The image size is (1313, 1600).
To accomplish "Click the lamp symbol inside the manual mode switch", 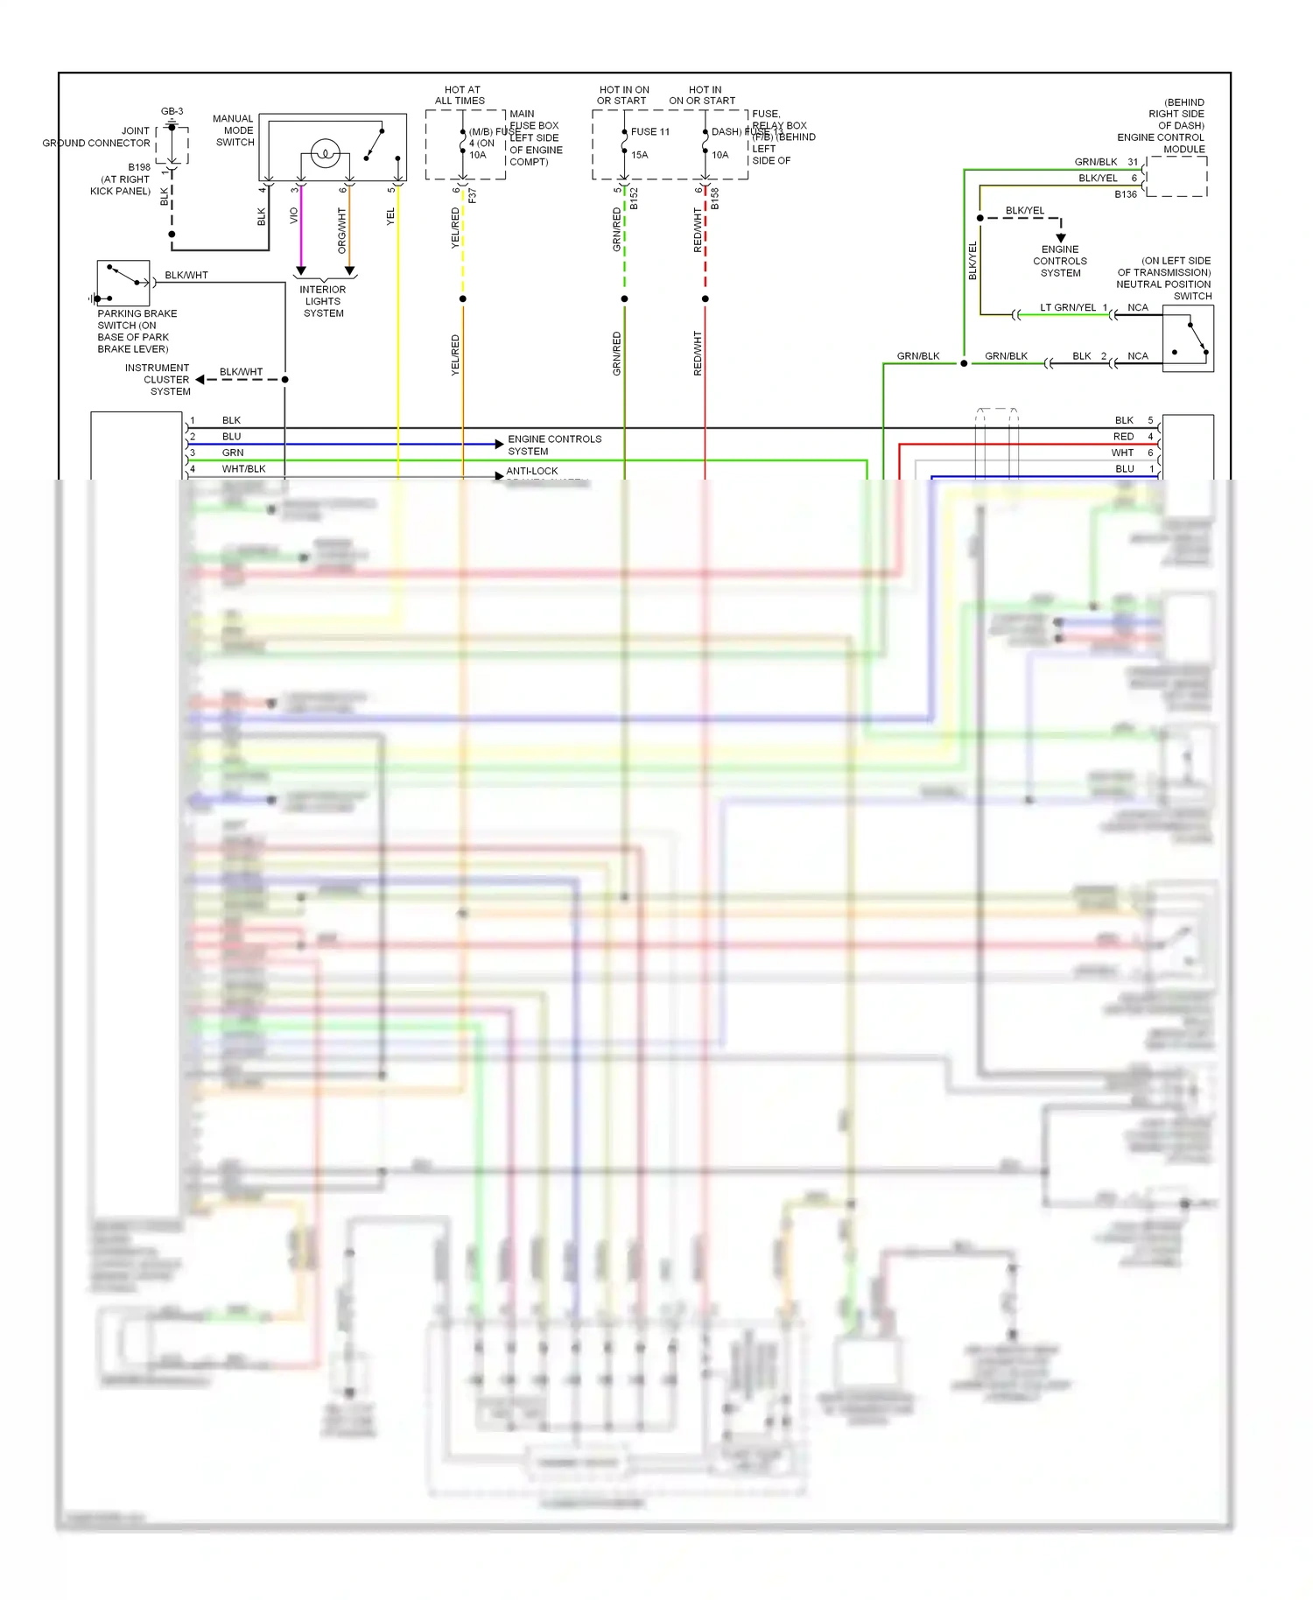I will [x=325, y=153].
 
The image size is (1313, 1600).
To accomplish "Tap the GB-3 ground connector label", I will [x=172, y=111].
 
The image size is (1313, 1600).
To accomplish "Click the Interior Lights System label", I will [x=323, y=301].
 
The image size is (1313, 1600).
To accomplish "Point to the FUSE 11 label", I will [x=650, y=132].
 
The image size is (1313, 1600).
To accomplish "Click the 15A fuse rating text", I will [x=640, y=155].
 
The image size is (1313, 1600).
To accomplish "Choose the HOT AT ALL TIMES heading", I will [x=460, y=95].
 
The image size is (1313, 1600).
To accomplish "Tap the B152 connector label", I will [x=634, y=199].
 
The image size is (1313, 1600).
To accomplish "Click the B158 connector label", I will [x=714, y=199].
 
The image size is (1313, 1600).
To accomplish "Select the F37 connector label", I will [x=472, y=195].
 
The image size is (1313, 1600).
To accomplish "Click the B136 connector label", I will [x=1126, y=194].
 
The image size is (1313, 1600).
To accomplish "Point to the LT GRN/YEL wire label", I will [x=1068, y=307].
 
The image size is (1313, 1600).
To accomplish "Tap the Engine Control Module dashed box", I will [x=1176, y=176].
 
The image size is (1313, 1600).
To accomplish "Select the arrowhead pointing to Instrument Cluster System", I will [x=200, y=379].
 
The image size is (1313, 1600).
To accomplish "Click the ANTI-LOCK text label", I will [x=532, y=471].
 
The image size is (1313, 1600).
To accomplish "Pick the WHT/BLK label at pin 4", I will [x=243, y=469].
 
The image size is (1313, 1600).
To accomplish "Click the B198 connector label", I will [x=139, y=167].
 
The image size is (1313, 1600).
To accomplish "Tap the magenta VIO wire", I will [x=301, y=228].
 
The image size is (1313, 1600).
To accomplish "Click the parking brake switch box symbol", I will [x=123, y=283].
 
